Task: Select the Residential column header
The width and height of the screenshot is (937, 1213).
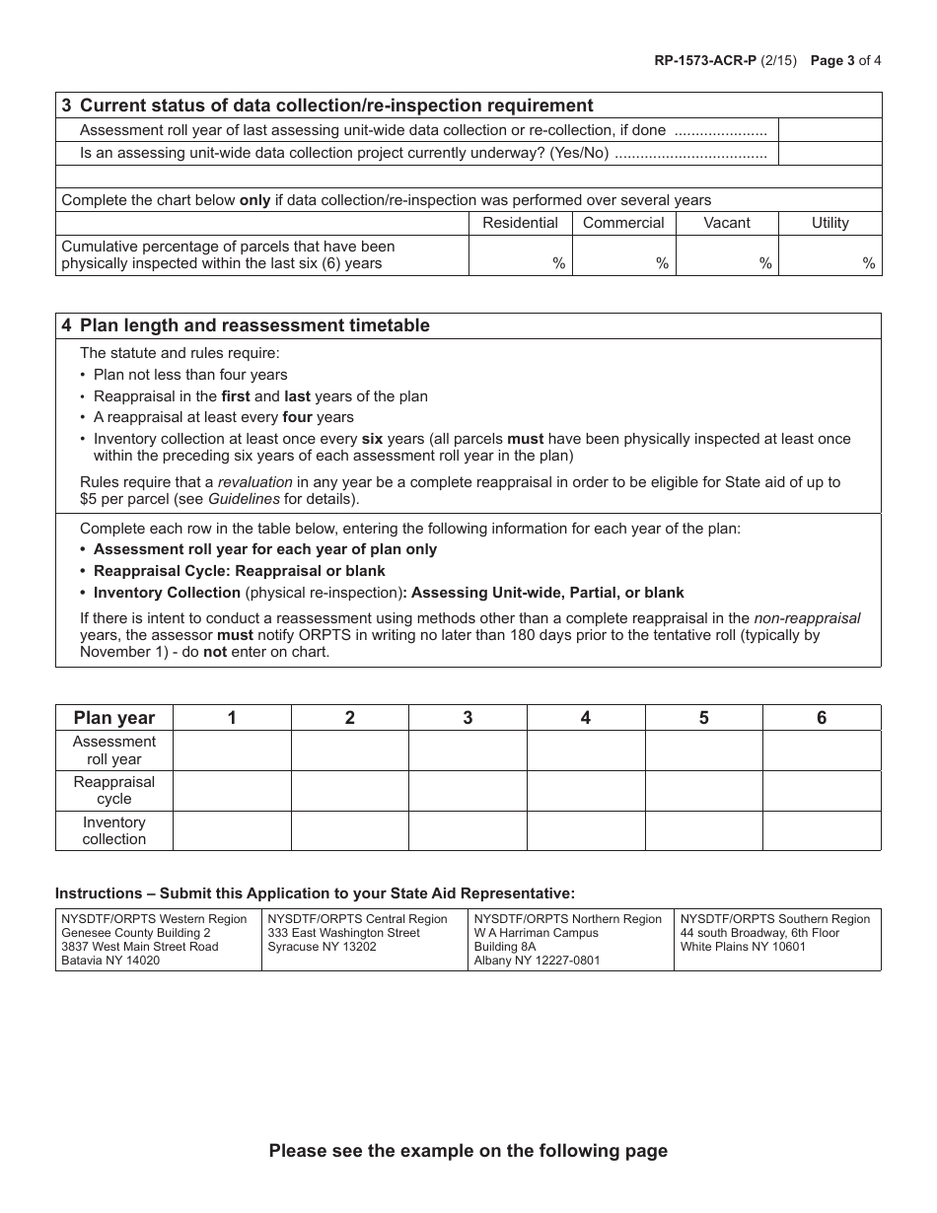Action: click(520, 223)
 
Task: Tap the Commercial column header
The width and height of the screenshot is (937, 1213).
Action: click(623, 223)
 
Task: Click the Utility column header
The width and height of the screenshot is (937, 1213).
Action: click(829, 223)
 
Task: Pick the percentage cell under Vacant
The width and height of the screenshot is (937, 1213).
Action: click(727, 254)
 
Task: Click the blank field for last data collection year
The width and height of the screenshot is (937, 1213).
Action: click(829, 130)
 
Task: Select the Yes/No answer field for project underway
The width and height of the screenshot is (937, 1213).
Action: click(829, 153)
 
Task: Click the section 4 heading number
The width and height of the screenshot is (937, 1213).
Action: click(66, 325)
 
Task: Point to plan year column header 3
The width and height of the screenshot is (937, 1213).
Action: click(468, 718)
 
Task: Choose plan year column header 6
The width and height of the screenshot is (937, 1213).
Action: click(822, 718)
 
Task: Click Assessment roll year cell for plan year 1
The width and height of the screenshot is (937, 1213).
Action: click(232, 750)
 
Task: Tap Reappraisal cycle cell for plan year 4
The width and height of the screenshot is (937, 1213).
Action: click(586, 791)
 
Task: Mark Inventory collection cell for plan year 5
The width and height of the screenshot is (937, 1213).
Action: click(703, 830)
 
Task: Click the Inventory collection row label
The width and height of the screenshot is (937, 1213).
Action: click(114, 830)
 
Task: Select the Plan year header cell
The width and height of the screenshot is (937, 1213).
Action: click(114, 718)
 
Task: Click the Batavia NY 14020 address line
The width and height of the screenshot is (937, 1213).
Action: click(110, 961)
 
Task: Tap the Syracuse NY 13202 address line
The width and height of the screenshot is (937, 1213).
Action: click(315, 947)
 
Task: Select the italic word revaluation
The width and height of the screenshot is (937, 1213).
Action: click(255, 482)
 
